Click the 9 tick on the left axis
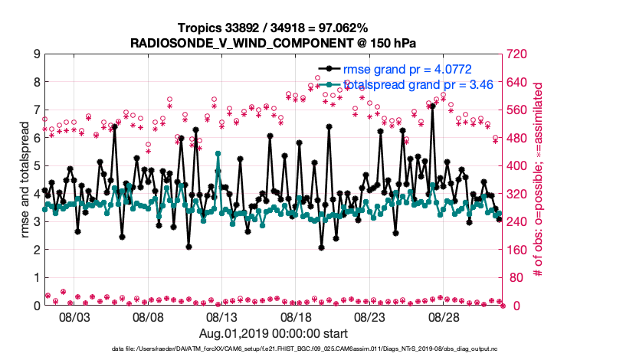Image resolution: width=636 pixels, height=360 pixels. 36,54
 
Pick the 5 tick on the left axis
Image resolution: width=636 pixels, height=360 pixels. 36,166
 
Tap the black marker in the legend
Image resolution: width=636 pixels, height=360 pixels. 329,70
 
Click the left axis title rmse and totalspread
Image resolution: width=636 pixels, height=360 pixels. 25,179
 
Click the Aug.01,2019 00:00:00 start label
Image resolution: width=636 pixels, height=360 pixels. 274,333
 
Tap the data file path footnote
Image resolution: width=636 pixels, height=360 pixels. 274,349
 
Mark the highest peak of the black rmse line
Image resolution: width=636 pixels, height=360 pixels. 433,106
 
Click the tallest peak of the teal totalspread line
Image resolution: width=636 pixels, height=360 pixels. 218,153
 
